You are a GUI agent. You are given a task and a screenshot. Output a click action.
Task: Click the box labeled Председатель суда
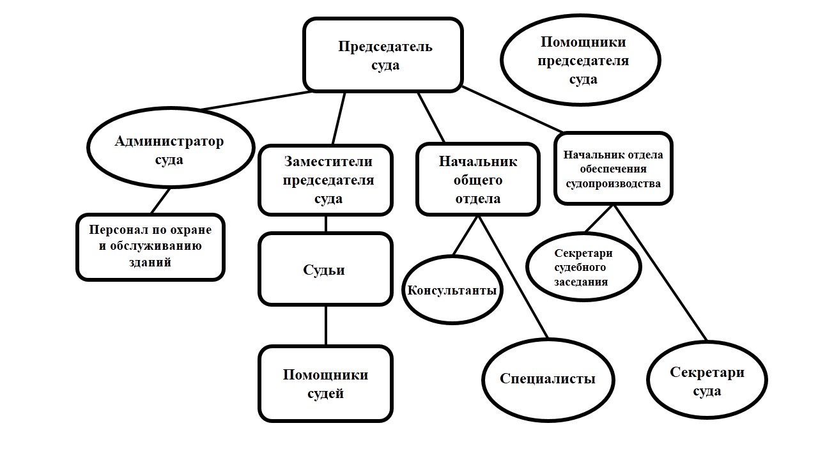tap(383, 55)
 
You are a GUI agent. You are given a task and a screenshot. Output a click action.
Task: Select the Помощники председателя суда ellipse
tap(580, 61)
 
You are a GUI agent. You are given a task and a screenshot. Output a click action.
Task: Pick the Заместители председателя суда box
tap(325, 180)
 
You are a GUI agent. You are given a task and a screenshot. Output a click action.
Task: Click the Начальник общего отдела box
tap(477, 180)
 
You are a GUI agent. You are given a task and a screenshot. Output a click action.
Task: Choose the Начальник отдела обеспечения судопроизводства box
tap(613, 169)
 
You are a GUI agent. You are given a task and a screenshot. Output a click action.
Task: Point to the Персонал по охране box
tap(150, 247)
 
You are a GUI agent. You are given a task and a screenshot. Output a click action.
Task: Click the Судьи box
tap(325, 269)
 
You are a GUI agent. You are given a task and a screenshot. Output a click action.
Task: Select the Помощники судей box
tap(325, 383)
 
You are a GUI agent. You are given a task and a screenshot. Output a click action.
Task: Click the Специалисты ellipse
tap(548, 378)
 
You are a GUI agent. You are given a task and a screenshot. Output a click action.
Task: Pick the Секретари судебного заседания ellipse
tap(583, 266)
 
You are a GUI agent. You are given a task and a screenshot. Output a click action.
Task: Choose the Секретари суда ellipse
tap(707, 381)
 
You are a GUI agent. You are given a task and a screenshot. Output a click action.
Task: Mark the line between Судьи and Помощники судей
tap(326, 326)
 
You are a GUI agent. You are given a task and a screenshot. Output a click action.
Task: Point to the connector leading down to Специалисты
tap(514, 278)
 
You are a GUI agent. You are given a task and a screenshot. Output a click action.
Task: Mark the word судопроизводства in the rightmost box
tap(612, 184)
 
